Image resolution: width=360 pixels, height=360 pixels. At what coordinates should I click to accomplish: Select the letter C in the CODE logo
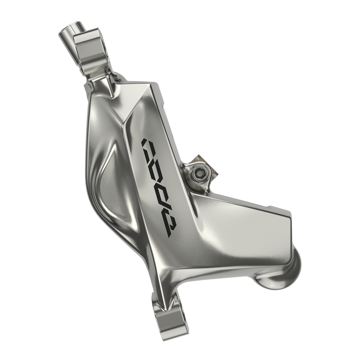[x=149, y=144]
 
